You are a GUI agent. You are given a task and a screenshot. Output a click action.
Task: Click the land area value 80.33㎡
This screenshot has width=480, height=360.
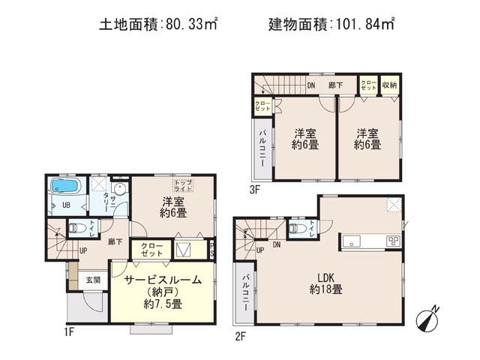tap(187, 23)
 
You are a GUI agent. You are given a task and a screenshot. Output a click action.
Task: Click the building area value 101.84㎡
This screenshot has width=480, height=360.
tap(363, 23)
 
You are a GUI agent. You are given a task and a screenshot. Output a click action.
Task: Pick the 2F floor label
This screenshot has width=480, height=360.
tap(241, 335)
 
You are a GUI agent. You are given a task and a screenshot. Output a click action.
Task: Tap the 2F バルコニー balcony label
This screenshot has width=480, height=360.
tap(244, 293)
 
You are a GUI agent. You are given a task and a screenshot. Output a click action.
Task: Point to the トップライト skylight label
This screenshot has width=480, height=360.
tap(181, 184)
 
